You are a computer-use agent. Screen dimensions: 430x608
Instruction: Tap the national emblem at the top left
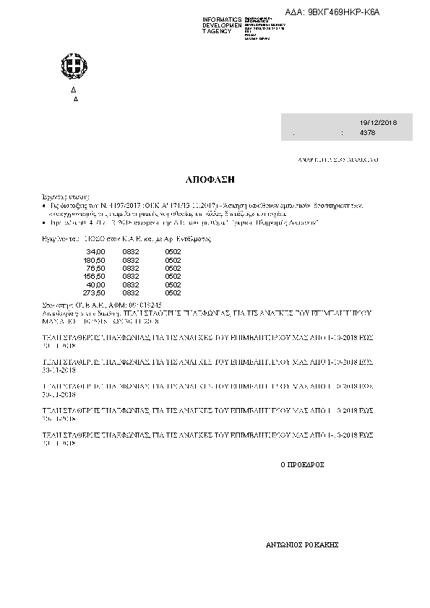pos(73,69)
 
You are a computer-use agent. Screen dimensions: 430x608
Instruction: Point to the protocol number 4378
pos(367,134)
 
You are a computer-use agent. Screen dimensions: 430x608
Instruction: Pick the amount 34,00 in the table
pos(95,251)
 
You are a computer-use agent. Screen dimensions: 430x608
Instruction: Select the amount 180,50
pos(94,260)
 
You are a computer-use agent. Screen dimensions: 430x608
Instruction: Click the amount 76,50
pos(95,268)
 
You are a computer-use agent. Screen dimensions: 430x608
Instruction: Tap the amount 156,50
pos(94,277)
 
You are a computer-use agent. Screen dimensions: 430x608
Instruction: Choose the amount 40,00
pos(95,285)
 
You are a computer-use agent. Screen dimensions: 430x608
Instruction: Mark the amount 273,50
pos(94,293)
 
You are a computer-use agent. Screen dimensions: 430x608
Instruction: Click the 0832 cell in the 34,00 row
pos(131,251)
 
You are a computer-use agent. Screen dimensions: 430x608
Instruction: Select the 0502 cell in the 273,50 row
pos(173,293)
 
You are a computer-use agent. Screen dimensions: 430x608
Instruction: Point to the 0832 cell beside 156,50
pos(131,277)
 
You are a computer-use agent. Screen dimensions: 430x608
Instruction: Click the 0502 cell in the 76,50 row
pos(173,268)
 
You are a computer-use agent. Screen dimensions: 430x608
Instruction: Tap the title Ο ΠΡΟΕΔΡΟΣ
pos(301,465)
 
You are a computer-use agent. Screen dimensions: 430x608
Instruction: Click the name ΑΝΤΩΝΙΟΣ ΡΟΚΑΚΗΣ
pos(303,546)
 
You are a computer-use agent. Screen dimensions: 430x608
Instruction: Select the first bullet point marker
pos(44,206)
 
